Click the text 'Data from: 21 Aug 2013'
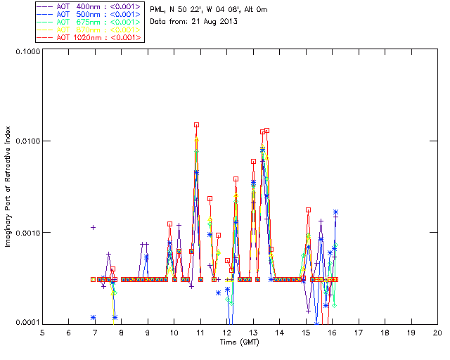[194, 22]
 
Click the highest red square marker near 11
[197, 124]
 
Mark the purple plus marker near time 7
[93, 227]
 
